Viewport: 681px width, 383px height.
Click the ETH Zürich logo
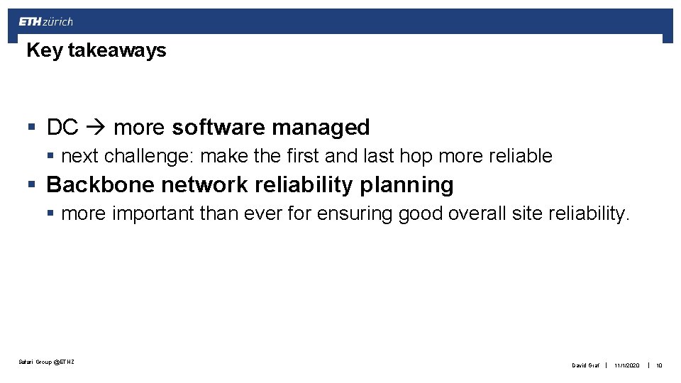[x=46, y=21]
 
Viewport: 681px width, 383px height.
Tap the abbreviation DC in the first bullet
[x=62, y=128]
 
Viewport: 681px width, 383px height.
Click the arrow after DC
[x=96, y=128]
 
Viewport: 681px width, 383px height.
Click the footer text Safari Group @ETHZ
[x=46, y=362]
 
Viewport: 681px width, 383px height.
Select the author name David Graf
[x=585, y=365]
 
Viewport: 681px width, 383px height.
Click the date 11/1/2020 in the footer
[x=627, y=365]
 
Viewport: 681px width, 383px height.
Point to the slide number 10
[x=659, y=365]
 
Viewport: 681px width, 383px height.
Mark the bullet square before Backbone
[x=31, y=185]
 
